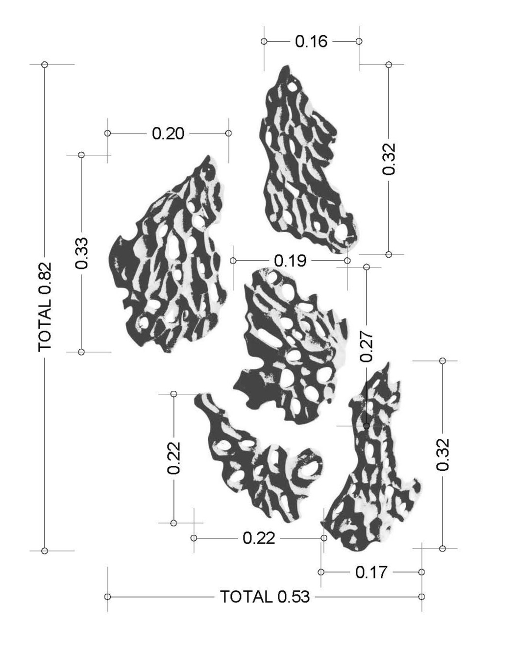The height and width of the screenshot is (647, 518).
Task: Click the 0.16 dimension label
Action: (311, 42)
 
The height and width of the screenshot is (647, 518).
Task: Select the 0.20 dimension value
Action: (168, 134)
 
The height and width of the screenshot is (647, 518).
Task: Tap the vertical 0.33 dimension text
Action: (81, 253)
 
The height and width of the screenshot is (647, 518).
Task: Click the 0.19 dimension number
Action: (290, 261)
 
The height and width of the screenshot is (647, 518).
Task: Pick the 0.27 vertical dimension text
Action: (366, 346)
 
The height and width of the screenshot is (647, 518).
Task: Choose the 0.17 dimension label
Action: (371, 572)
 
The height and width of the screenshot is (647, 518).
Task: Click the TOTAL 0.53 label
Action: (265, 597)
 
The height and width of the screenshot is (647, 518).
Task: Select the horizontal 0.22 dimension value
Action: (259, 538)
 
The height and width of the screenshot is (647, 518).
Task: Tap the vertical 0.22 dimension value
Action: (173, 458)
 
